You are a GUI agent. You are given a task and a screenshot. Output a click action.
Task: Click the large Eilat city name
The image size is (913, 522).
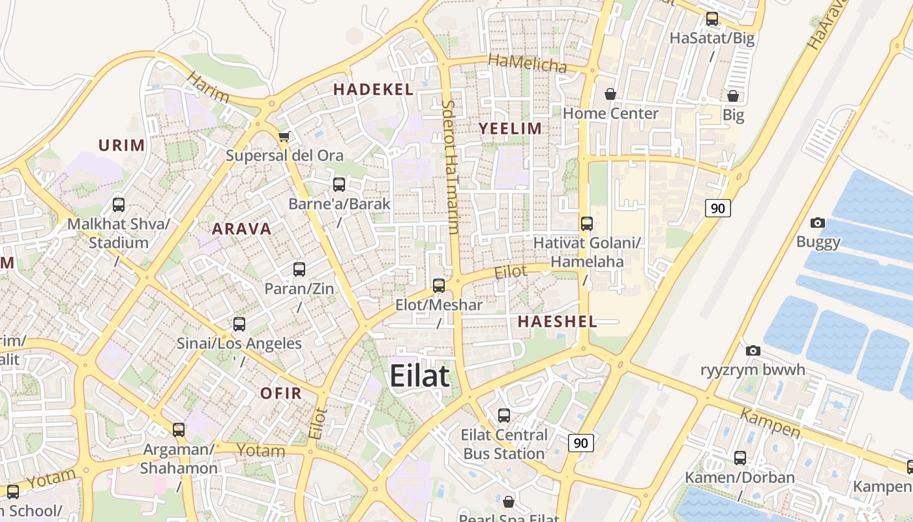(420, 376)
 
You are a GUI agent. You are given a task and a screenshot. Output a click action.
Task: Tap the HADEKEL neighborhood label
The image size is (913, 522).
(374, 90)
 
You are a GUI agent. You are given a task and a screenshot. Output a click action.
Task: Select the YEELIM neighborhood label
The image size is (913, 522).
(511, 129)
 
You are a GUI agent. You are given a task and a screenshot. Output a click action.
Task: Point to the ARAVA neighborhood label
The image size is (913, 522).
(242, 229)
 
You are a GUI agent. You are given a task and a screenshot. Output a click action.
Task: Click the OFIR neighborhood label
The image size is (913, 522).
(281, 393)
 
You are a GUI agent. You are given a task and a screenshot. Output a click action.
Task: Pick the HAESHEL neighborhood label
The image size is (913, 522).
(558, 322)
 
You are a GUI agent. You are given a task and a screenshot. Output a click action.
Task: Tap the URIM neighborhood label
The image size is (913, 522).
(122, 146)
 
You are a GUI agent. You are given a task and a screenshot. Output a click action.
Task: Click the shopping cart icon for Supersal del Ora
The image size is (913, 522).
(284, 137)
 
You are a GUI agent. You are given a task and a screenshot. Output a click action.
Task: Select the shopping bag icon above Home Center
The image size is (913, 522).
(610, 95)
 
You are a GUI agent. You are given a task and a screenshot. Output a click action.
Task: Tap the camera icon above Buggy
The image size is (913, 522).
(818, 223)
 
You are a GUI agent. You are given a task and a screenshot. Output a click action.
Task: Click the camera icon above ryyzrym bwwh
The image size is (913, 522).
(753, 351)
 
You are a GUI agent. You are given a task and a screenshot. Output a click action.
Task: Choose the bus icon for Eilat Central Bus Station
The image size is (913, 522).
(504, 416)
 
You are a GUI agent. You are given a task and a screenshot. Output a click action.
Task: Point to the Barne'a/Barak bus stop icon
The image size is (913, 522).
(339, 185)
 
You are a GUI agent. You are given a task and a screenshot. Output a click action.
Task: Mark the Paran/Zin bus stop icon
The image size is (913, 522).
(299, 269)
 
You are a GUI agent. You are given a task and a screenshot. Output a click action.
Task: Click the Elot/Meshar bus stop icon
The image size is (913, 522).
(439, 285)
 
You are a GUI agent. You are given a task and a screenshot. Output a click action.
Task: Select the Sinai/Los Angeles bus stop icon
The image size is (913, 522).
(239, 324)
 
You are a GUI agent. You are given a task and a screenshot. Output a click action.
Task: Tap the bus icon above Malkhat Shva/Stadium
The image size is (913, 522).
(119, 205)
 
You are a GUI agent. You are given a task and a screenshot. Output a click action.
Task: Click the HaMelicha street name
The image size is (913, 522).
(528, 64)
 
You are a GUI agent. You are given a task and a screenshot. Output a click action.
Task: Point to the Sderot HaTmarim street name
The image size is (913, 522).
(450, 167)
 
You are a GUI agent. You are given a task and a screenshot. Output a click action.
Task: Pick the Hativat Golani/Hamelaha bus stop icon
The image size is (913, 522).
(587, 224)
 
